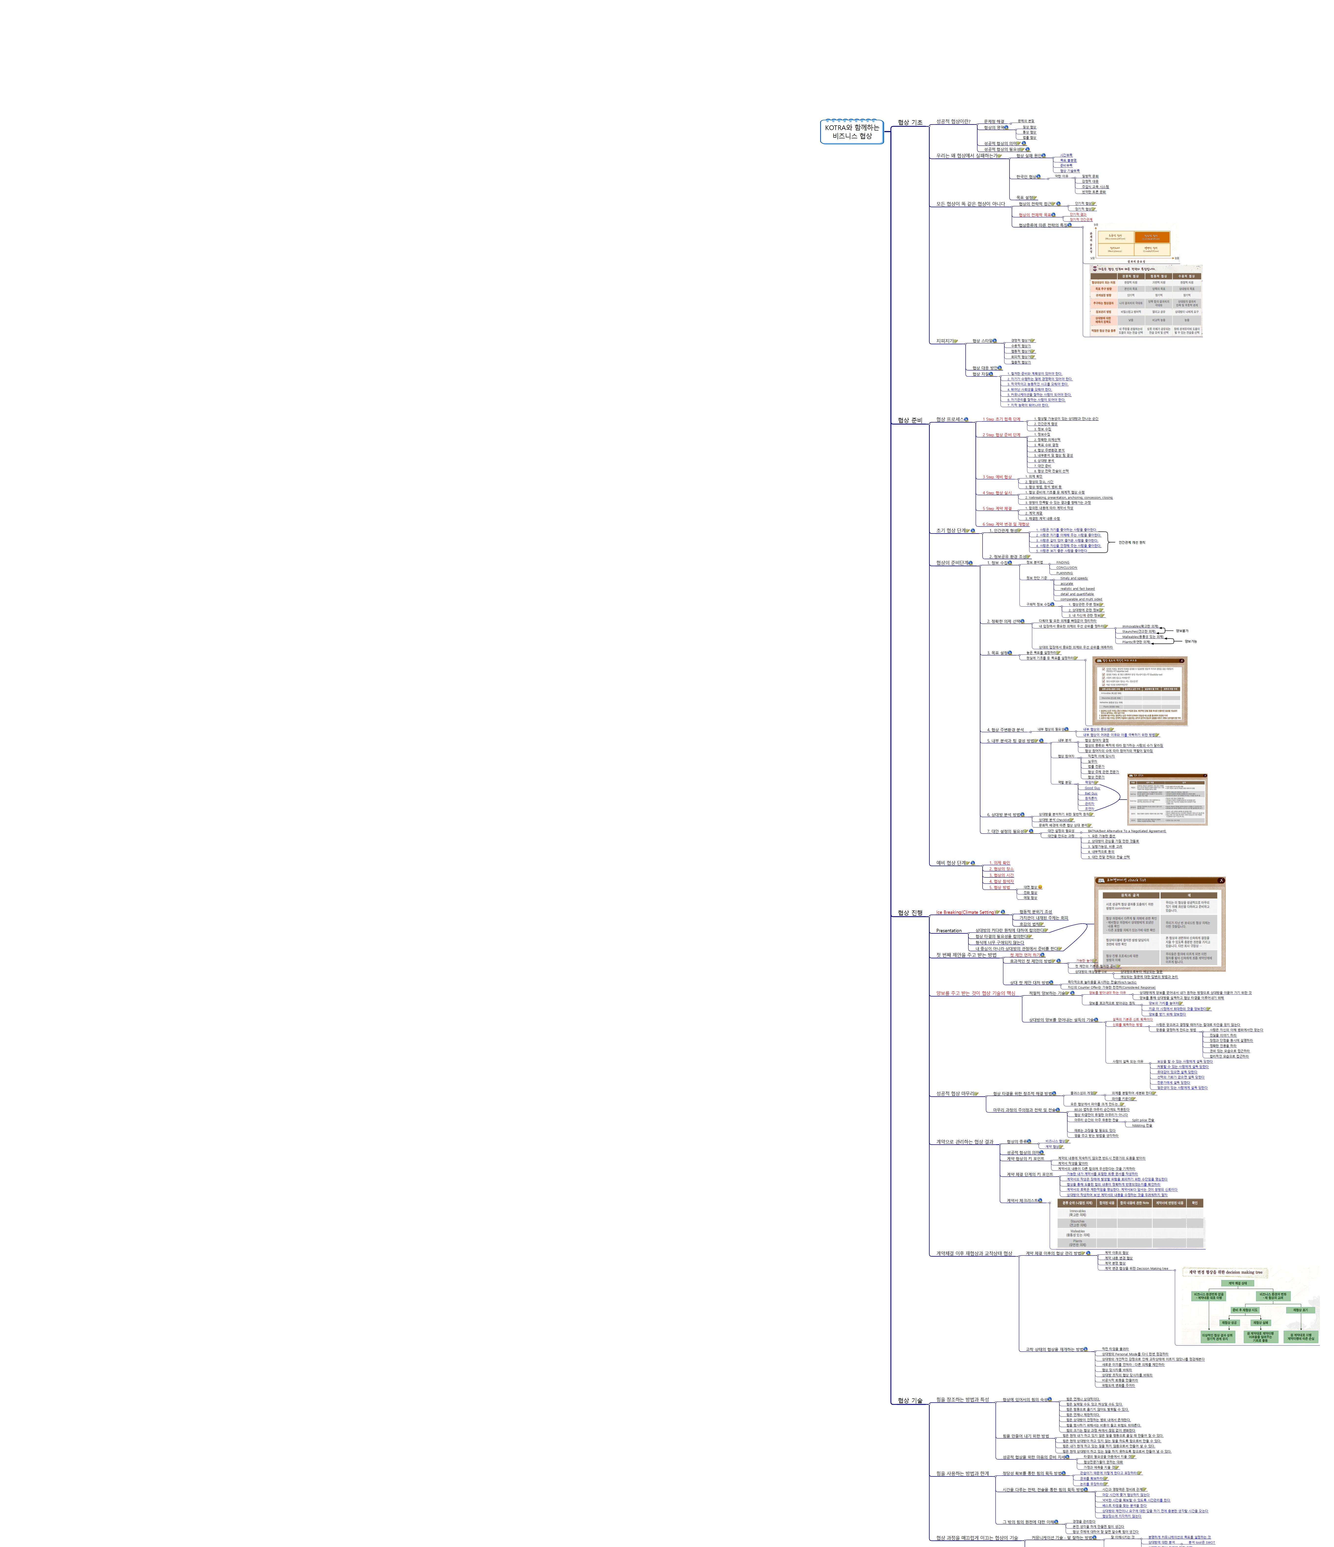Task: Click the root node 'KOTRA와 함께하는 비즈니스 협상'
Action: [x=852, y=131]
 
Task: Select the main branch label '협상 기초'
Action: [x=910, y=122]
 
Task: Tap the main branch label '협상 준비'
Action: [x=910, y=420]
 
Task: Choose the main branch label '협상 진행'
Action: [x=910, y=912]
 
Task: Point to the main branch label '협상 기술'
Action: [x=910, y=1401]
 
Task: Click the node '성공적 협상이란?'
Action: [x=953, y=121]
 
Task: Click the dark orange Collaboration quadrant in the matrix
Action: [x=1152, y=237]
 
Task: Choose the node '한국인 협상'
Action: [x=1026, y=177]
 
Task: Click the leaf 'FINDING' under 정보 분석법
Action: [x=1062, y=562]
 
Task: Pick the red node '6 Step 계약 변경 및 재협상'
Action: [x=1005, y=524]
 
